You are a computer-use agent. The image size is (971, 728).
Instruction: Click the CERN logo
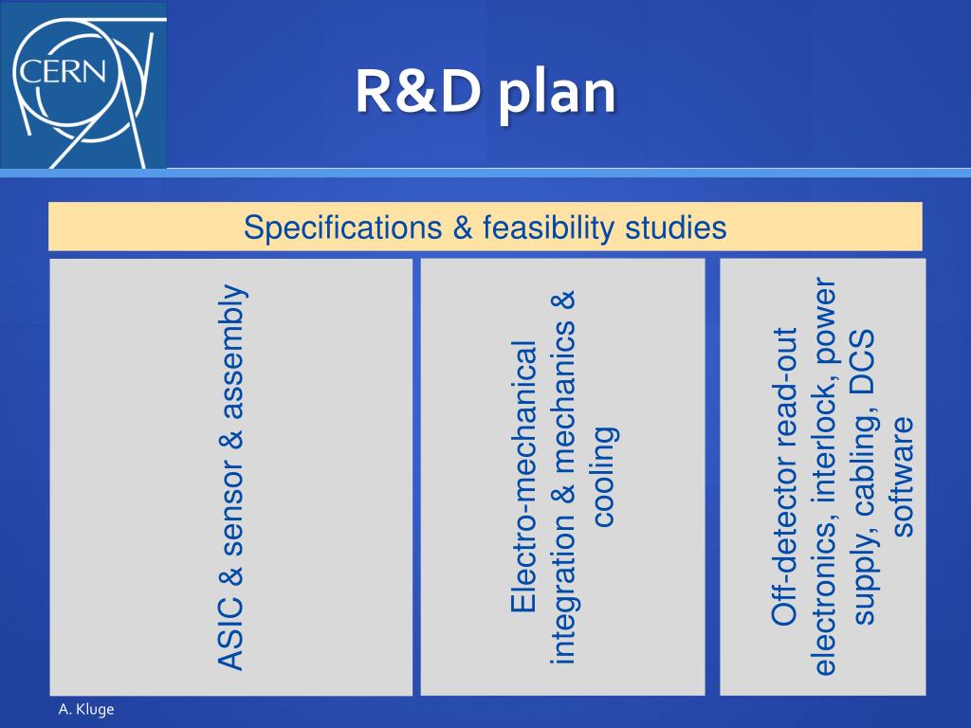click(83, 85)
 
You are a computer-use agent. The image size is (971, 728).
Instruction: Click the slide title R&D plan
click(485, 93)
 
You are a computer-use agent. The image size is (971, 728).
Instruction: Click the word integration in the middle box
click(563, 597)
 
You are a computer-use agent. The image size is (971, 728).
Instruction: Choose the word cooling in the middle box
click(604, 475)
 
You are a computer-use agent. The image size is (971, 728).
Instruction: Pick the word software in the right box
click(905, 475)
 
